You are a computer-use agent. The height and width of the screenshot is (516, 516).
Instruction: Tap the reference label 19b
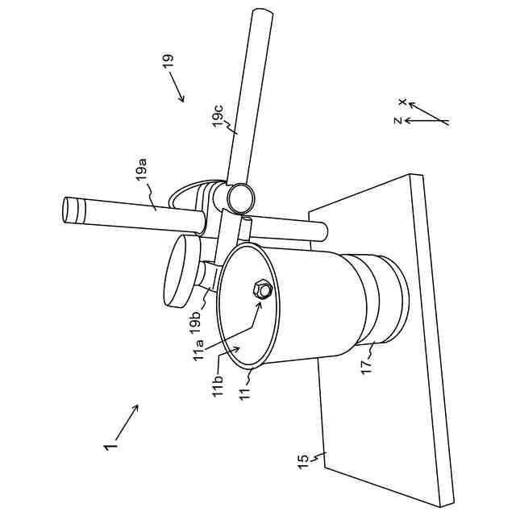click(x=195, y=319)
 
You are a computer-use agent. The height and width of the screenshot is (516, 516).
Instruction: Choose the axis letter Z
click(x=397, y=121)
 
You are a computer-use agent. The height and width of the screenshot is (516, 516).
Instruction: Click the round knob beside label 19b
click(x=181, y=272)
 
